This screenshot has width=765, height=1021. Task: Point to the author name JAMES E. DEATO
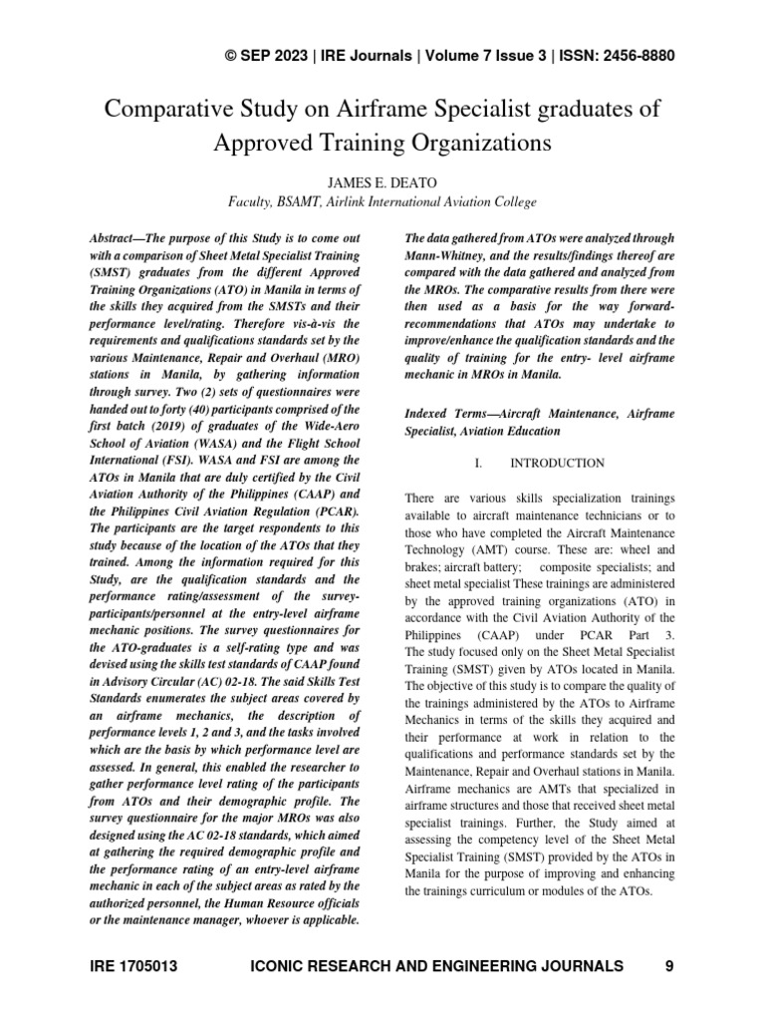coord(382,181)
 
